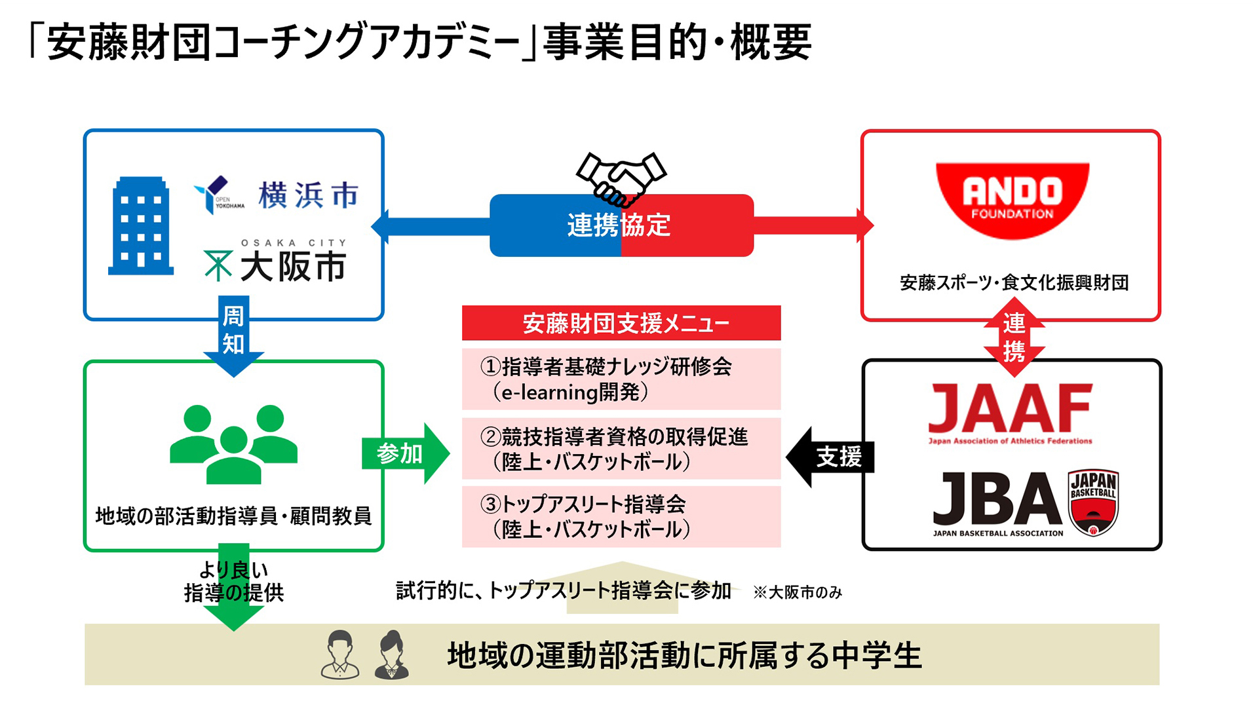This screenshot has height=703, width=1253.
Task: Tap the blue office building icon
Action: (141, 226)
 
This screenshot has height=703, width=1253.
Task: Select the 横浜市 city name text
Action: (308, 195)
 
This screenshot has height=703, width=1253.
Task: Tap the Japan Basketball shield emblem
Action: (1092, 503)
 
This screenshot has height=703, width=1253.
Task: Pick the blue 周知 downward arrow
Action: (233, 334)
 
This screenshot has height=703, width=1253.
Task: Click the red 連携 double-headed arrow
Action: (1014, 337)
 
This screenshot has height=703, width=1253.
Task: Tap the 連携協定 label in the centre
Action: (619, 225)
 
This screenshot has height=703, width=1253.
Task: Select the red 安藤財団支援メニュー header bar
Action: (621, 323)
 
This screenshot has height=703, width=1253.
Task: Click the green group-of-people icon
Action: (233, 444)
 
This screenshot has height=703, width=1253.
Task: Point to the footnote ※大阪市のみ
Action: (798, 592)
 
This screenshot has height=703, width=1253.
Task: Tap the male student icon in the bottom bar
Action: (340, 655)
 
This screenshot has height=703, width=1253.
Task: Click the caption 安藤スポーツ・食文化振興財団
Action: (1014, 283)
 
